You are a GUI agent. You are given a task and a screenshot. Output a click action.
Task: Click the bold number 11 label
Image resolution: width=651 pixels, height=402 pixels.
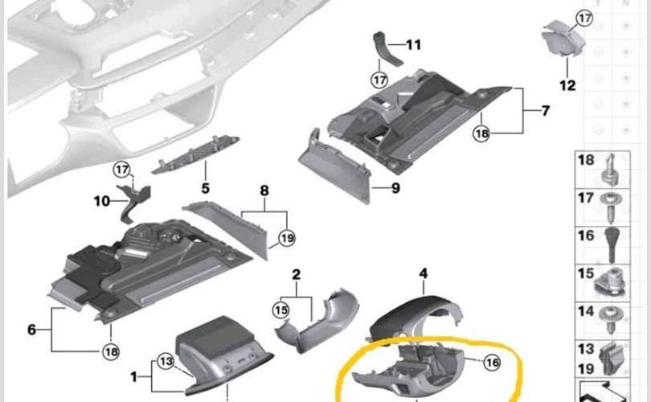pos(413,44)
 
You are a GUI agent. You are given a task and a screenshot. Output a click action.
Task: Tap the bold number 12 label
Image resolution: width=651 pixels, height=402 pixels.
pos(567,85)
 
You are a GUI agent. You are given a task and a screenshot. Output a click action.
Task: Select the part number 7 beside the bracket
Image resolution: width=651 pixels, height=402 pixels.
pos(546,110)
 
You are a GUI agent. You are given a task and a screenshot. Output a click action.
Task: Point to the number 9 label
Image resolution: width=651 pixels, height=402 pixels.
pos(395,188)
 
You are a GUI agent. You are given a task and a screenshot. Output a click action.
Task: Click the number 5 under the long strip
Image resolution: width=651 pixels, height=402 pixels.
pos(206,189)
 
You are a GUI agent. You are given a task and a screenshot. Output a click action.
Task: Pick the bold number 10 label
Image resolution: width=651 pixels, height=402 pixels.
pos(102,202)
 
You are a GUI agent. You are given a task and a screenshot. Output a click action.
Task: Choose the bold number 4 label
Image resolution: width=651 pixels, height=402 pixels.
pos(423,273)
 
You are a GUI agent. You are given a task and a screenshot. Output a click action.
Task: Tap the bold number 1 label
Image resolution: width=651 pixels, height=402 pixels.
pos(133,377)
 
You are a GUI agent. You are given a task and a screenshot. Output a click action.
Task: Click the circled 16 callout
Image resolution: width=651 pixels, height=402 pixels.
pos(493,363)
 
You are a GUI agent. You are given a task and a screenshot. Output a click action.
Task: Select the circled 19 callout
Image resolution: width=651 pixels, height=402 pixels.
pos(287,238)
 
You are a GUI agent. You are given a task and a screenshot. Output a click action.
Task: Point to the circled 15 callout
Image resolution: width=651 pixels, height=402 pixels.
pos(280,310)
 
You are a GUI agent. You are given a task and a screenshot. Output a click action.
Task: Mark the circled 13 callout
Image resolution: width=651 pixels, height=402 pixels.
pos(166,362)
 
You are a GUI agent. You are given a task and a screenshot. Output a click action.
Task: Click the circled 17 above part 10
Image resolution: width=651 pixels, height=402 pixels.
pos(122,170)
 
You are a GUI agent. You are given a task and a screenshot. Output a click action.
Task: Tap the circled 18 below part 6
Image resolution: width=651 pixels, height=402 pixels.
pos(111,352)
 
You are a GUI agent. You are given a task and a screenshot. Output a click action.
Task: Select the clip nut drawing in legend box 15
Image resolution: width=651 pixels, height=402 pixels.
pos(610,282)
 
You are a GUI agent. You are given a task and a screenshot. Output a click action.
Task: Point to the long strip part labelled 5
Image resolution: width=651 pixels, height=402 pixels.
pos(195,154)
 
